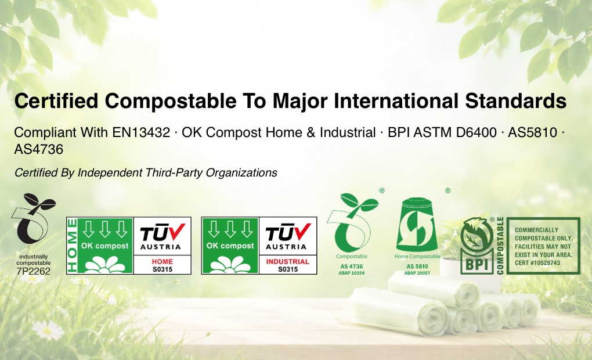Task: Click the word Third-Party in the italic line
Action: coord(172,172)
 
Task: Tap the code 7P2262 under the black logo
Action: coord(33,271)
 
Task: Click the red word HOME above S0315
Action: coord(163,262)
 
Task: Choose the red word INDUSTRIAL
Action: coord(288,262)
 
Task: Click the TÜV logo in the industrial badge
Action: coord(288,236)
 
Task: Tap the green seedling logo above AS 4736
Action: coord(351,223)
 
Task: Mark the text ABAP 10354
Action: coord(351,273)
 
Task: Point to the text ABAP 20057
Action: coord(417,273)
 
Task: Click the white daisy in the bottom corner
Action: coord(48,330)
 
